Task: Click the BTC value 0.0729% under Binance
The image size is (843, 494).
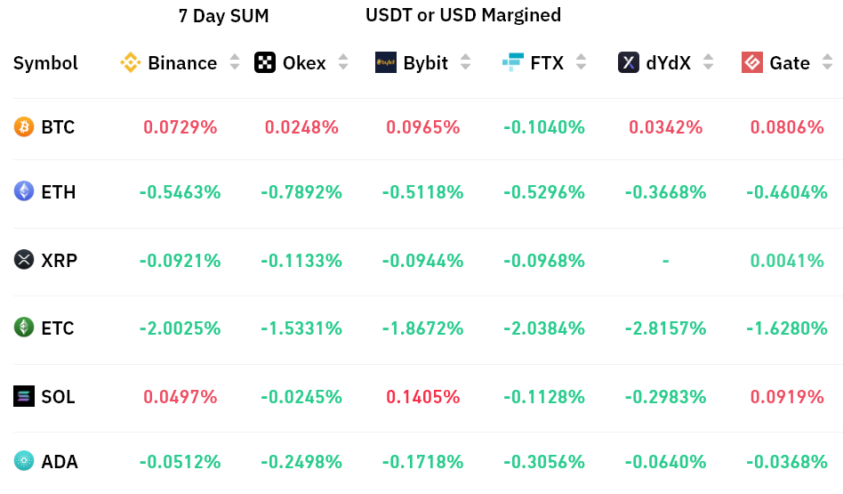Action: [180, 127]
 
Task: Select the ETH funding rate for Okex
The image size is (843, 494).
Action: [301, 192]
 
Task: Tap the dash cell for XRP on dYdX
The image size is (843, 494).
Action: [665, 261]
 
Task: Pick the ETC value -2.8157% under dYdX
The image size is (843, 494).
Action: [665, 328]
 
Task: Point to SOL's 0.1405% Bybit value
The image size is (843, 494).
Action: [422, 397]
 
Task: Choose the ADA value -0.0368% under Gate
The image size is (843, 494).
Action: [787, 462]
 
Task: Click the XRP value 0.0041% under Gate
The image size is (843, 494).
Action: [787, 261]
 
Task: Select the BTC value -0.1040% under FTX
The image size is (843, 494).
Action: [544, 127]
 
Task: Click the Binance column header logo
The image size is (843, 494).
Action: [131, 62]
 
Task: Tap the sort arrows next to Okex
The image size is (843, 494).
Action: [344, 62]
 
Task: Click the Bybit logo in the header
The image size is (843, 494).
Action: [386, 62]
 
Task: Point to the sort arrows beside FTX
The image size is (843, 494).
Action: [581, 62]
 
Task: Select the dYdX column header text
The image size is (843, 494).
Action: [668, 63]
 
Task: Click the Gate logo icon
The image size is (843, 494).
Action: [752, 62]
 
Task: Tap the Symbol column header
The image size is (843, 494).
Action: [45, 63]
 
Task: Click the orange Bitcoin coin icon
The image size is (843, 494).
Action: [24, 127]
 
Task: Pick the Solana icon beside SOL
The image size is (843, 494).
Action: [24, 397]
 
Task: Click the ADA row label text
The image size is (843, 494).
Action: [60, 462]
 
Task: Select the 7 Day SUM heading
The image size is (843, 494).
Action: [223, 16]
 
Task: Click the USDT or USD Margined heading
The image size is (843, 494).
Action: [463, 15]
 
